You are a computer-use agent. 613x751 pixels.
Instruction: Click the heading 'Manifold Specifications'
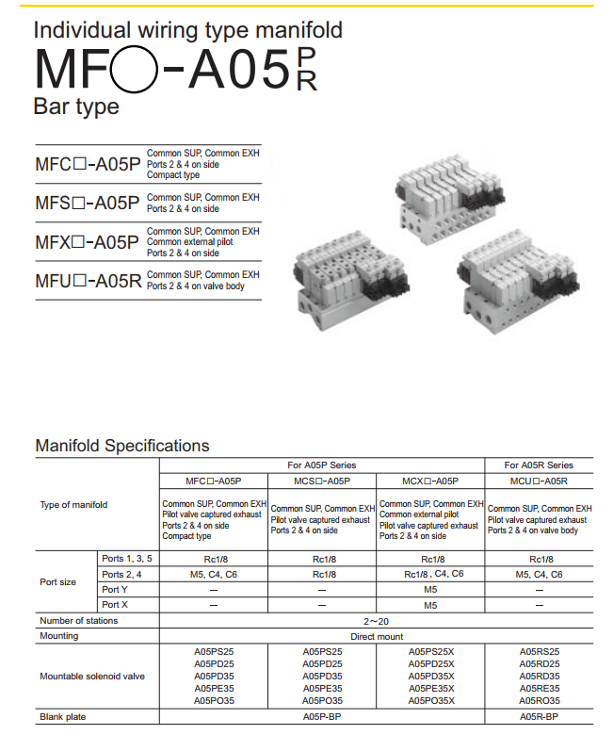coord(121,445)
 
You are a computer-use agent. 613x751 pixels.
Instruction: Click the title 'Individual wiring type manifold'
coord(188,29)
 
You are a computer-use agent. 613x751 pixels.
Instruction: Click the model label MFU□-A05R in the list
coord(88,280)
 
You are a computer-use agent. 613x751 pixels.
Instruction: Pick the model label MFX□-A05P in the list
coord(88,242)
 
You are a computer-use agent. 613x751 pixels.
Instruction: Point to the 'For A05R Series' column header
coord(539,465)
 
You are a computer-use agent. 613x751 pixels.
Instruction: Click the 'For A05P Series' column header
coord(321,465)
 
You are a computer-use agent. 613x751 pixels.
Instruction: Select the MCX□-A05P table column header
coord(429,481)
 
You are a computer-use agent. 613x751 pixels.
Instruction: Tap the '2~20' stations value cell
coord(377,621)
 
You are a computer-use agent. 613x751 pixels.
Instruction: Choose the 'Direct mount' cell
coord(377,637)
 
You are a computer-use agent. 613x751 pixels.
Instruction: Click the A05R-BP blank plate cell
coord(539,717)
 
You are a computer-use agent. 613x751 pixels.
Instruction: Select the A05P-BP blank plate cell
coord(321,717)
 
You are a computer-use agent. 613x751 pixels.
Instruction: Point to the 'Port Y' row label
coord(117,590)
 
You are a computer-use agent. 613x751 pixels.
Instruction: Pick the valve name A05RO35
coord(540,701)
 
